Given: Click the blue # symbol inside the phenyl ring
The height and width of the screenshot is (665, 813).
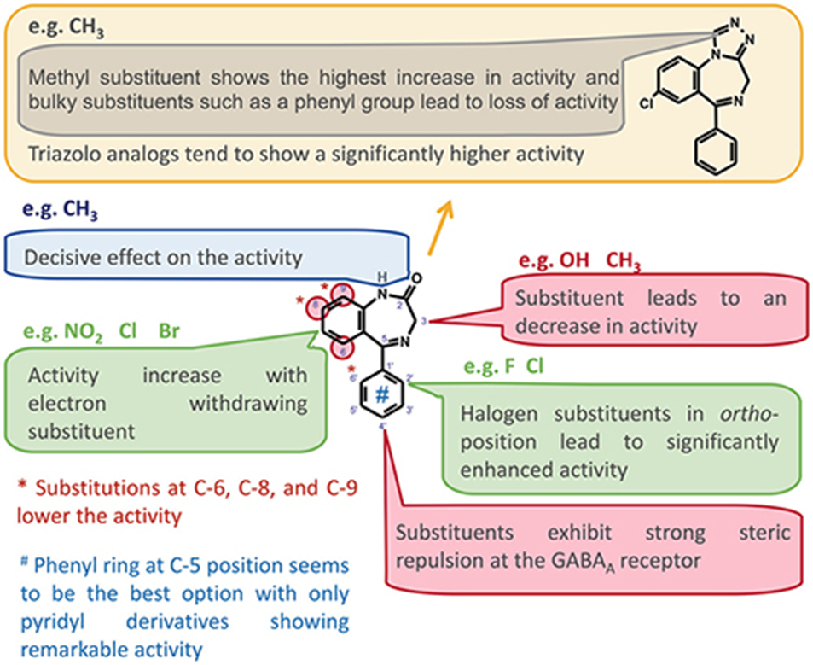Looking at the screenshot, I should (x=383, y=395).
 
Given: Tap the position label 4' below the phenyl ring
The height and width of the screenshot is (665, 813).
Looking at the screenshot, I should (x=383, y=424).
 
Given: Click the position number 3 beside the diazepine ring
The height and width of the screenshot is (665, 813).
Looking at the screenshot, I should (x=423, y=321).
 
